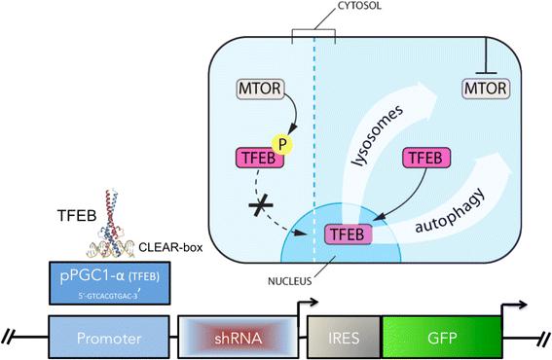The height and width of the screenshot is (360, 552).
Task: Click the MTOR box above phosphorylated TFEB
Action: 260,89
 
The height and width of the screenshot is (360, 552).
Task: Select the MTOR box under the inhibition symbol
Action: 486,89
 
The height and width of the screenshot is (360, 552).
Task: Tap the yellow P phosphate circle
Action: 282,144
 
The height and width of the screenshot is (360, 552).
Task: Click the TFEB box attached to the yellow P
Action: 259,158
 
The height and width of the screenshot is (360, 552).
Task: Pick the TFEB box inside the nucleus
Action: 348,234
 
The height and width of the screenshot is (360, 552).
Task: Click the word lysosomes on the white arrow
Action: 378,135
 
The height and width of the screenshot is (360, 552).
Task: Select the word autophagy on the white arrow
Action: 451,211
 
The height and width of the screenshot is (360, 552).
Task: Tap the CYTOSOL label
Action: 359,6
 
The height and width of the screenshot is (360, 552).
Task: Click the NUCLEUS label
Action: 290,281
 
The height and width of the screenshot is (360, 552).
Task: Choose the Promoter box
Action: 109,337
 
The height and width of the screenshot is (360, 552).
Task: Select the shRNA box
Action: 239,337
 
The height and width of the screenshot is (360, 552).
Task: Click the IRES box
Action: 344,337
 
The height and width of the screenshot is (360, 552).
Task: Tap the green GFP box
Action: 442,337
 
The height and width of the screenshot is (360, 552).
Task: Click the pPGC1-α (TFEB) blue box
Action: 109,283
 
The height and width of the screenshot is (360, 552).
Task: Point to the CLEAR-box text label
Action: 170,247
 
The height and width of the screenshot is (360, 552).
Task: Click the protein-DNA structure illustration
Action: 111,224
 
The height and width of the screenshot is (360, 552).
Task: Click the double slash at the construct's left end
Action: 10,337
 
